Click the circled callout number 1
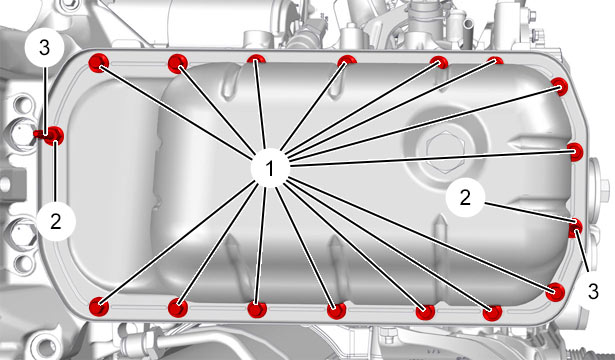click(x=270, y=168)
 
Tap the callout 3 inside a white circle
click(x=44, y=48)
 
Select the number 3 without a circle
click(x=593, y=292)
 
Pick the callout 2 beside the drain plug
click(x=465, y=197)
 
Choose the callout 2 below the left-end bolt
click(x=56, y=222)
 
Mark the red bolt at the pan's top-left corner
click(x=99, y=63)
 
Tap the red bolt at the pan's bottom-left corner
click(x=99, y=306)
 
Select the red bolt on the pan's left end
click(x=54, y=135)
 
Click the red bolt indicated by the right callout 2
click(x=576, y=228)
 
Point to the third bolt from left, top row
click(x=256, y=60)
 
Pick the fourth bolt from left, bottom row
click(x=337, y=311)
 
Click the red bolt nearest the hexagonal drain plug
click(x=575, y=152)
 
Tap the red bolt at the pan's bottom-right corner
click(x=555, y=292)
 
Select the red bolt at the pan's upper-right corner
click(x=559, y=86)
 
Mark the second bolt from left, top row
click(x=178, y=63)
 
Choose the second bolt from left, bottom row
click(x=178, y=307)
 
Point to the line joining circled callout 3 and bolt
click(x=45, y=101)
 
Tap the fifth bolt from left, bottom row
click(x=426, y=312)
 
